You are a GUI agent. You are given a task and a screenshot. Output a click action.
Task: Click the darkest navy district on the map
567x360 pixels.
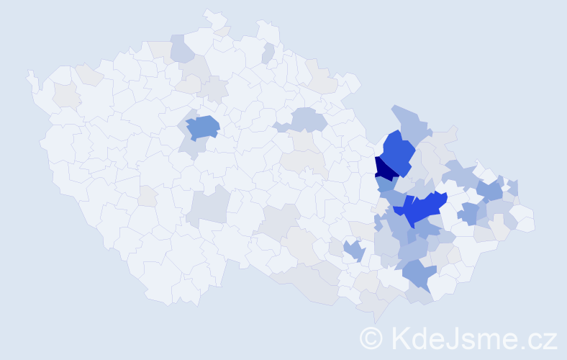pos(384,168)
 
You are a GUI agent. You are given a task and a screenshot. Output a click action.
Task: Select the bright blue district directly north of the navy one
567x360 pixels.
pos(396,150)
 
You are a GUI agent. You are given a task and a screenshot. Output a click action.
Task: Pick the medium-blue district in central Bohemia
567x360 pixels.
pos(202,127)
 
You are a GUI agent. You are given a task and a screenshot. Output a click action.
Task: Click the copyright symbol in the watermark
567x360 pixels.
pos(371,336)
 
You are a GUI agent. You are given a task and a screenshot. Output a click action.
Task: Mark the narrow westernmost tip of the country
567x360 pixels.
pos(30,75)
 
